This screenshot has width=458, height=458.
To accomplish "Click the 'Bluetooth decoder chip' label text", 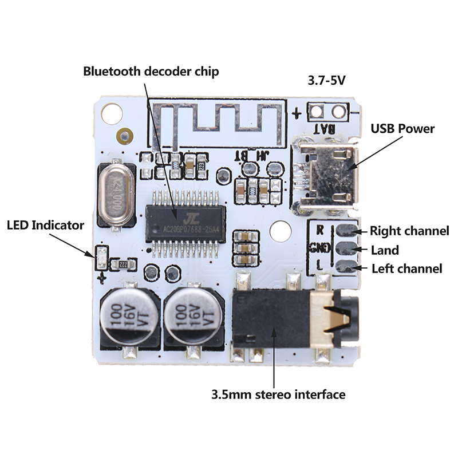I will tap(151, 72).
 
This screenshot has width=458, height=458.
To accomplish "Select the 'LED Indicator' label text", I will tap(45, 225).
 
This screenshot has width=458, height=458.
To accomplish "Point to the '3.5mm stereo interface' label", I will tap(278, 395).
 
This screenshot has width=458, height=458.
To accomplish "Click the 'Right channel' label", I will tap(409, 231).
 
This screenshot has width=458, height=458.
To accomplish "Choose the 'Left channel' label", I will tap(407, 269).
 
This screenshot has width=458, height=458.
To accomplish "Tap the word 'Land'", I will tap(385, 250).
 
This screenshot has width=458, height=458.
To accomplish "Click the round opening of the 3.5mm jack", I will tap(348, 315).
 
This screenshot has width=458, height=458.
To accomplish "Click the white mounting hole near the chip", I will tap(279, 230).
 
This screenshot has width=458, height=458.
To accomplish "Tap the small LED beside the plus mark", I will tap(102, 258).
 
